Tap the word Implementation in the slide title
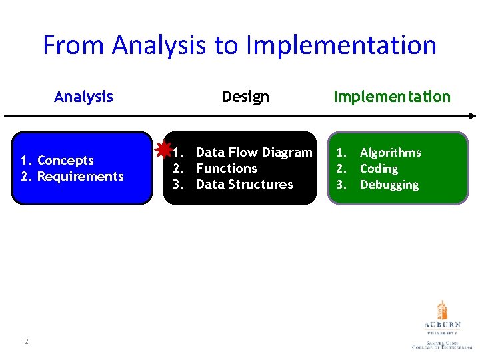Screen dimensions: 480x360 click(341, 45)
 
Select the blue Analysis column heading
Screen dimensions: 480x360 click(83, 97)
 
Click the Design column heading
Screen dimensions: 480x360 click(245, 97)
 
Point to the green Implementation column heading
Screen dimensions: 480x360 click(392, 97)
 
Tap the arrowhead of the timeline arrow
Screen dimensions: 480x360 click(471, 116)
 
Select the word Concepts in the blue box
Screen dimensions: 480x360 click(65, 161)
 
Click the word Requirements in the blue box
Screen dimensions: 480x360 click(81, 177)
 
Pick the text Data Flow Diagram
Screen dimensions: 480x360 click(254, 153)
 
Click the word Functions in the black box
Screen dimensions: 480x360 click(227, 169)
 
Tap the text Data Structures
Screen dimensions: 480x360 click(245, 185)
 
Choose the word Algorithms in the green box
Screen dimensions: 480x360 click(390, 153)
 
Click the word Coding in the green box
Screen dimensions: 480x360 click(379, 169)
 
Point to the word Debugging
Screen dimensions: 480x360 click(389, 185)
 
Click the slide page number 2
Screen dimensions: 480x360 click(26, 341)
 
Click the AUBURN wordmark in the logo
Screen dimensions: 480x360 click(442, 325)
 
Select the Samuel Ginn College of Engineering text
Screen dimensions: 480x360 click(442, 345)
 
